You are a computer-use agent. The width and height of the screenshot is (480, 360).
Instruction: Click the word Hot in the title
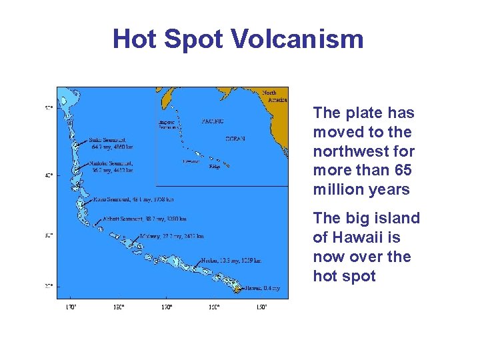136,39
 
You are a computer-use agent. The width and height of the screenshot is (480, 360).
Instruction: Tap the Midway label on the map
172,236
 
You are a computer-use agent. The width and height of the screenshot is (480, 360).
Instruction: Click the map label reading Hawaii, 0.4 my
262,288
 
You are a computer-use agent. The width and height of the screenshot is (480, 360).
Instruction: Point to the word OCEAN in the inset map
235,139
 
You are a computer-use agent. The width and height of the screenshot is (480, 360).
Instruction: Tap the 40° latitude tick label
49,175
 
